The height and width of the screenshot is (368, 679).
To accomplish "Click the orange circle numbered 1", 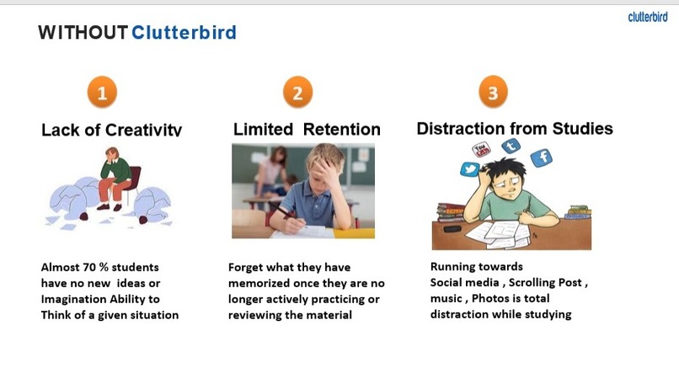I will tap(102, 93).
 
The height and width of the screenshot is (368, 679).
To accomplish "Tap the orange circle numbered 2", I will tap(297, 93).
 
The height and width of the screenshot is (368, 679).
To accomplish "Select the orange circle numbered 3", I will tap(493, 93).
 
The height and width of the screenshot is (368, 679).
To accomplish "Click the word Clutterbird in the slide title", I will tap(184, 33).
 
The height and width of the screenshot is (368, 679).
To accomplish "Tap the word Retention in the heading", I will tap(341, 130).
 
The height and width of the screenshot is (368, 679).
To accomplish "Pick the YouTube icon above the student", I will tap(484, 151).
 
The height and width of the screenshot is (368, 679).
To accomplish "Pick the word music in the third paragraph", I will tap(447, 300).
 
